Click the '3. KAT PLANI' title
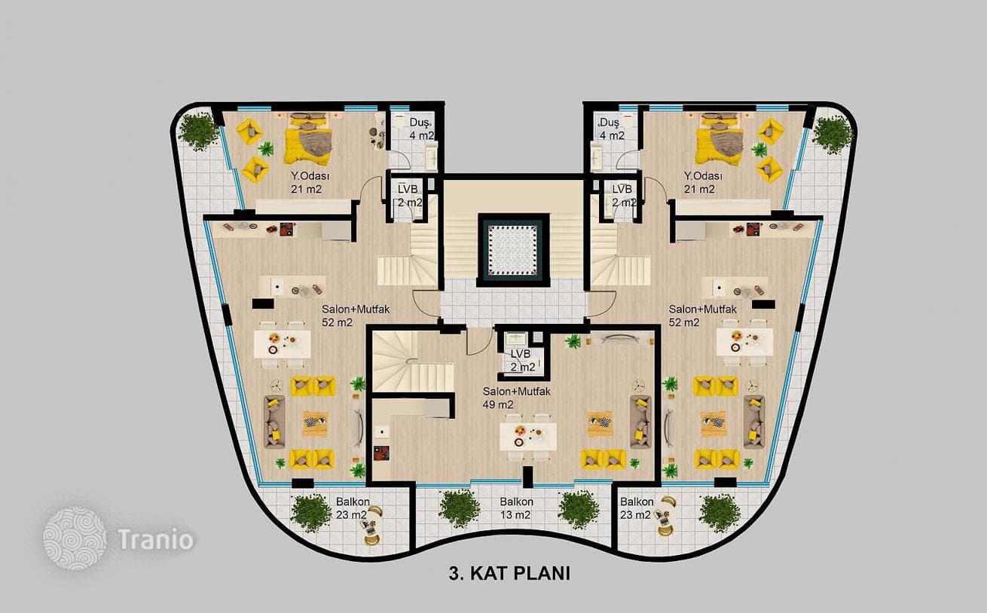coord(509,574)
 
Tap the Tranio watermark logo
coord(75,538)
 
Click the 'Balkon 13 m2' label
coord(516,508)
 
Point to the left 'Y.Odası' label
coord(310,176)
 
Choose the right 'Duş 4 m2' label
coord(611,129)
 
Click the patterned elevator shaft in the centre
coord(513,250)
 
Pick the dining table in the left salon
coord(282,344)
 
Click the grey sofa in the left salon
coord(274,422)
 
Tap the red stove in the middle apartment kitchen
coord(381,453)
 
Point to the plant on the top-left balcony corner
coord(199,130)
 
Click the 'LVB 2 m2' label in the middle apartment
coord(522,361)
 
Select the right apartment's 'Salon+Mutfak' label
coord(702,310)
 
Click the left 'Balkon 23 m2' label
coord(352,508)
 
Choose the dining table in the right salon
coord(744,343)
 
